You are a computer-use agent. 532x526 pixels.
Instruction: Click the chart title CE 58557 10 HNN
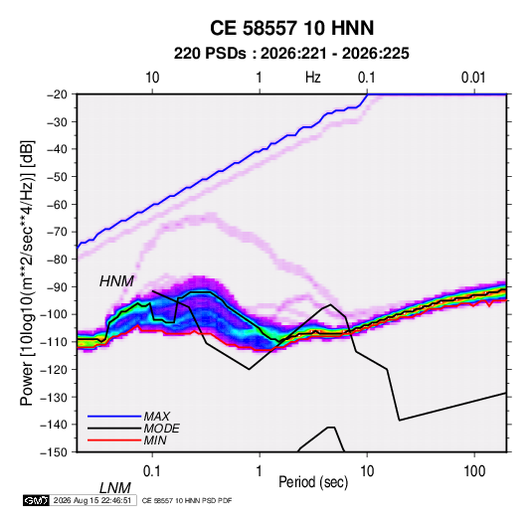[291, 28]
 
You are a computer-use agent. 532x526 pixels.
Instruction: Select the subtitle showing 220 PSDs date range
[291, 54]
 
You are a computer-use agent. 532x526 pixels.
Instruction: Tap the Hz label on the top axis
[313, 78]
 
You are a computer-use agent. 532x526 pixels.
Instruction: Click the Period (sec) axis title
[313, 482]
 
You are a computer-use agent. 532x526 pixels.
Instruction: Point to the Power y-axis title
[27, 272]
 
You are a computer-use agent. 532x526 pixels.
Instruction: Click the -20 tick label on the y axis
[57, 94]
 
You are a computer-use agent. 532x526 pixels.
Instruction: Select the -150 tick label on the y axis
[54, 452]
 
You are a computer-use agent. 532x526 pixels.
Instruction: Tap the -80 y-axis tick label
[57, 260]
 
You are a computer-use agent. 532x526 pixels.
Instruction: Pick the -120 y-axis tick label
[54, 370]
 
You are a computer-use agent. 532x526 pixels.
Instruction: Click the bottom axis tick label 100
[474, 471]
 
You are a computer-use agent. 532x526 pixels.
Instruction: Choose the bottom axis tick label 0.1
[152, 471]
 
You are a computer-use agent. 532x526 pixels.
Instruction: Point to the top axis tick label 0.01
[473, 78]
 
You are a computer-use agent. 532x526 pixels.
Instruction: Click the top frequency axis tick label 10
[152, 78]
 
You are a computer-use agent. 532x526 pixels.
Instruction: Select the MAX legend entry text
[157, 416]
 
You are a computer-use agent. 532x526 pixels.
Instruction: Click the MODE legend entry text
[161, 429]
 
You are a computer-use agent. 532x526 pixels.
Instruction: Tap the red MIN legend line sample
[114, 440]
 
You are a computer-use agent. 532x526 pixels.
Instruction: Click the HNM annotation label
[116, 281]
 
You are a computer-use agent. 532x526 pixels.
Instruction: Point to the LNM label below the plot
[115, 488]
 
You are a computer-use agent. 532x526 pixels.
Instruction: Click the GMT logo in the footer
[37, 500]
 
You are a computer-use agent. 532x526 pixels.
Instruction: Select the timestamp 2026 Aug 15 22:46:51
[92, 500]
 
